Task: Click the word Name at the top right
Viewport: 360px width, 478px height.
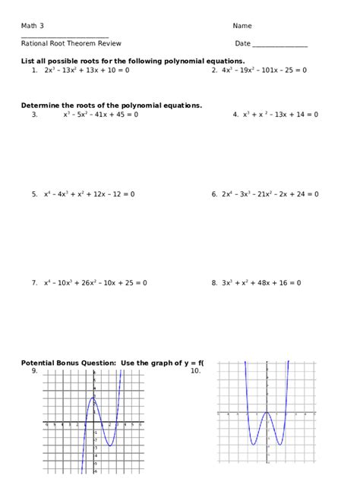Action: (242, 26)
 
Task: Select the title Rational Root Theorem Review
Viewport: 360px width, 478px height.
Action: (71, 44)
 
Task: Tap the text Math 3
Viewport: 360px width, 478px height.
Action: (33, 26)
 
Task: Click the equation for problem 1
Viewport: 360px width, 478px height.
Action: (87, 70)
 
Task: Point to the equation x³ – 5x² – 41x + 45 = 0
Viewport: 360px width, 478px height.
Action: (100, 115)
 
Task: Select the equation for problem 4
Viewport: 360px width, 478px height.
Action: (280, 115)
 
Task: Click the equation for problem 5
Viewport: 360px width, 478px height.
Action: (89, 194)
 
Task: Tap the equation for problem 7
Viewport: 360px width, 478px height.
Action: (95, 283)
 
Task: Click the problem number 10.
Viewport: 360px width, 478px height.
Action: (195, 371)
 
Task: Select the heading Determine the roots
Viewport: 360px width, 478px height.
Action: (112, 105)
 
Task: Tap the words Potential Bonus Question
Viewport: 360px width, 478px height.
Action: (68, 363)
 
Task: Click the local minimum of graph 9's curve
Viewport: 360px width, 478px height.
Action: (110, 445)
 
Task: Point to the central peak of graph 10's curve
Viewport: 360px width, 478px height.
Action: (267, 412)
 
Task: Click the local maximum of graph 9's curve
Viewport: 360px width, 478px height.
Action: (93, 397)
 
